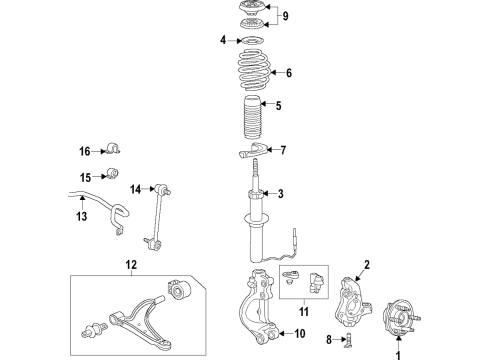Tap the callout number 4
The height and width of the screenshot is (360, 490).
(x=223, y=40)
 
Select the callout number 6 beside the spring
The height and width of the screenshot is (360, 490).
(x=288, y=73)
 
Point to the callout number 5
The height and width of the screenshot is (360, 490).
(x=279, y=106)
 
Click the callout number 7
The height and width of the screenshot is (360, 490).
(x=283, y=151)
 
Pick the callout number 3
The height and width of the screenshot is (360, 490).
(x=282, y=194)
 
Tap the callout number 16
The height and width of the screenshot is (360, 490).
(x=85, y=151)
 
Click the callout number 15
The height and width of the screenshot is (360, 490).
(x=85, y=177)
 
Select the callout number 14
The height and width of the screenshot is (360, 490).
(x=135, y=188)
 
